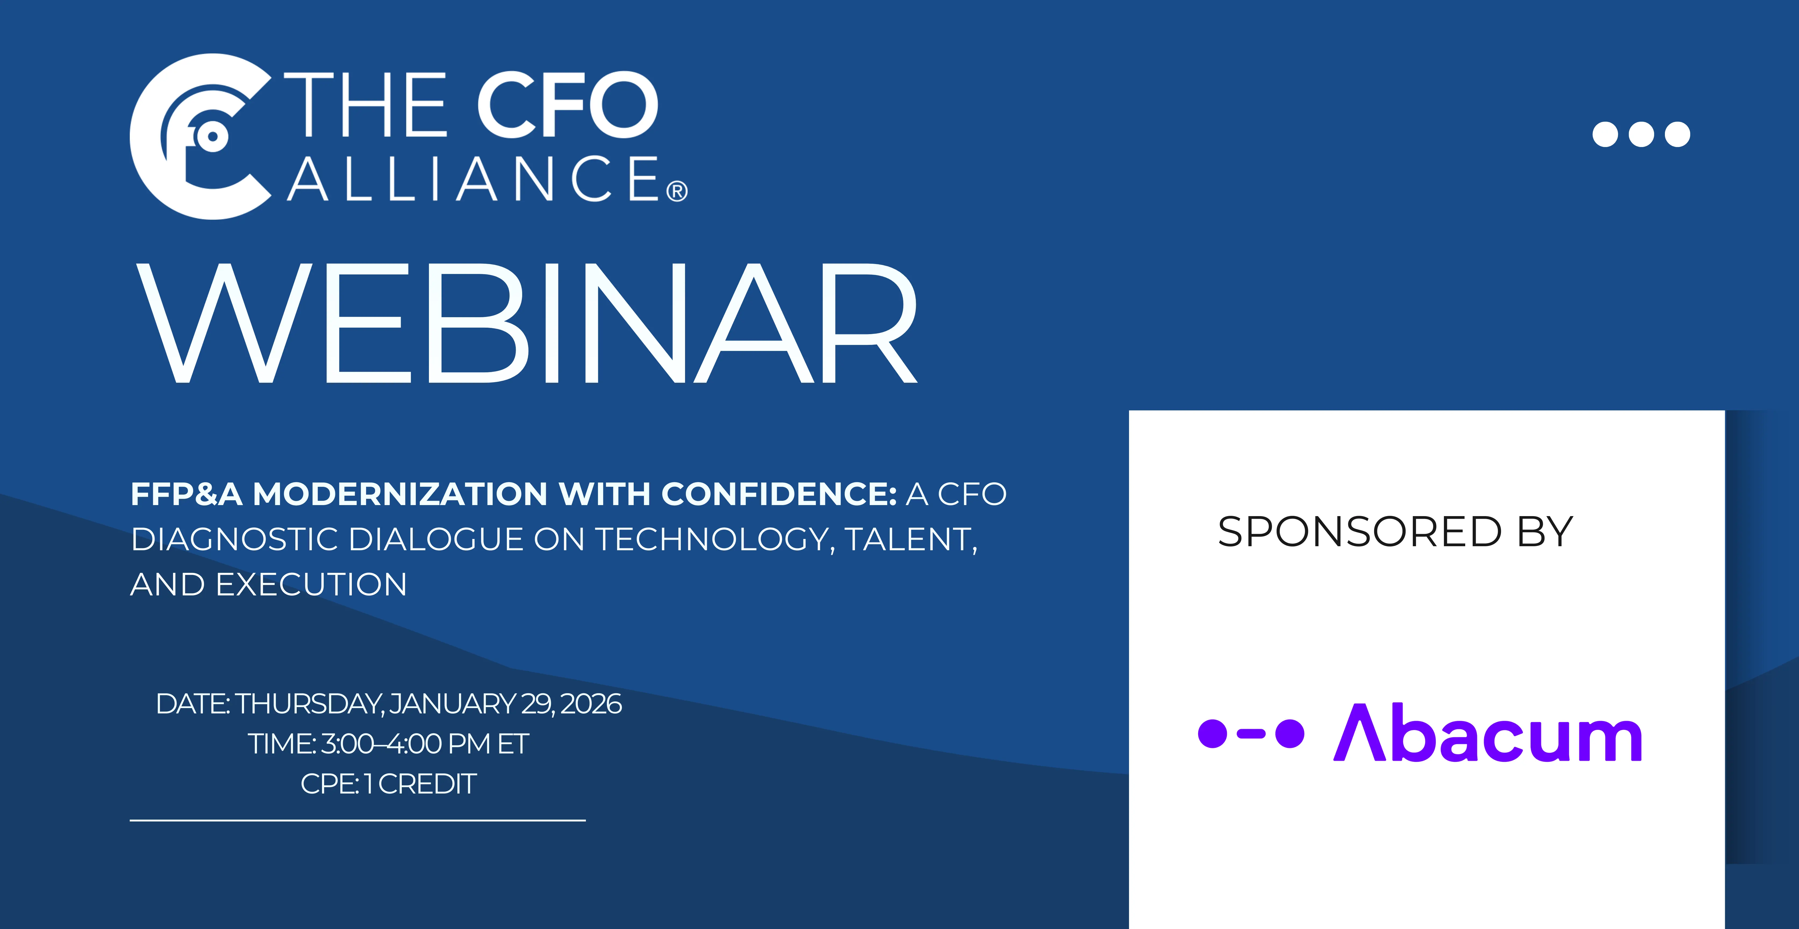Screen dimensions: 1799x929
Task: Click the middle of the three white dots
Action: [1641, 134]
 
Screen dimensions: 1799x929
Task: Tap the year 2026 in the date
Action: [591, 703]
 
